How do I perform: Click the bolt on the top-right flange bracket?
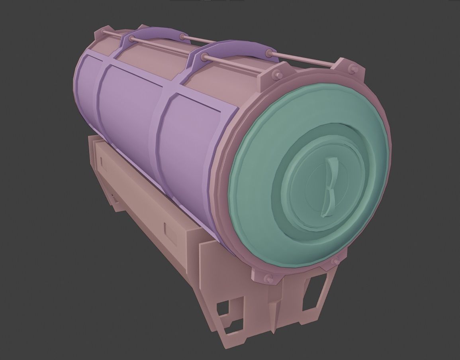(x=352, y=71)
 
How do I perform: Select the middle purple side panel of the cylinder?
(x=127, y=108)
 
